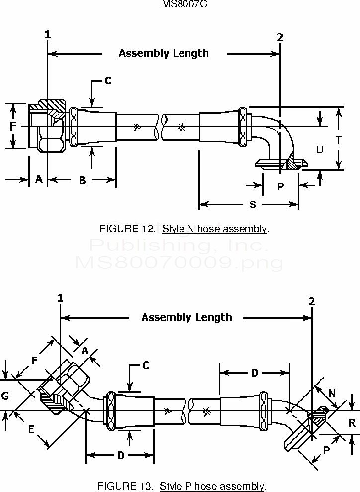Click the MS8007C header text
(x=180, y=4)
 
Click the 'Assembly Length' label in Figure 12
(x=164, y=53)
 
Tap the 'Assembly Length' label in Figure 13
(x=186, y=317)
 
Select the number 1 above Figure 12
(x=48, y=35)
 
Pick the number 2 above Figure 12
(x=280, y=37)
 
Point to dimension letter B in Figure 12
(x=82, y=180)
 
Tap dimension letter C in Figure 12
(x=107, y=81)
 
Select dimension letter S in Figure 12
(x=252, y=204)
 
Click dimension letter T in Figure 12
(x=339, y=140)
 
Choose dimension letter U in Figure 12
(x=319, y=149)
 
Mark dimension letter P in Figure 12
(x=280, y=186)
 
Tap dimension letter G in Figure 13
(x=5, y=396)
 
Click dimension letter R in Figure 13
(x=352, y=423)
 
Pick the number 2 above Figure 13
(x=312, y=301)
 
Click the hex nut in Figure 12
(x=51, y=127)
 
